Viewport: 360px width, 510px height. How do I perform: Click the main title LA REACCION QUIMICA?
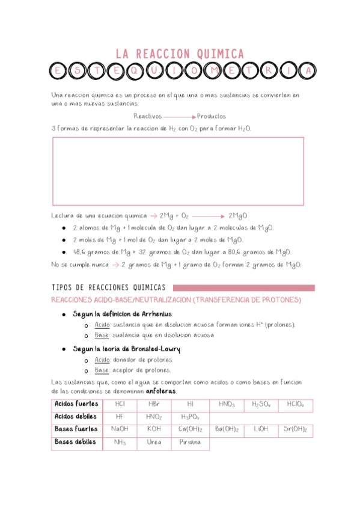click(x=180, y=54)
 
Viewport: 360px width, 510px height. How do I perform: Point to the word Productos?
click(x=212, y=117)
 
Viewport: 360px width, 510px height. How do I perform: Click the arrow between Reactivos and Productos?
click(x=180, y=117)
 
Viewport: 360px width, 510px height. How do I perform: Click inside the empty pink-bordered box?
click(x=178, y=171)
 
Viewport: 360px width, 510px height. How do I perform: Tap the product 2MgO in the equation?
click(x=238, y=215)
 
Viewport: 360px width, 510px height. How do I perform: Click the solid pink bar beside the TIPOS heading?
click(x=243, y=287)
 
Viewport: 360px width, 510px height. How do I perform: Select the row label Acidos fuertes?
click(x=76, y=404)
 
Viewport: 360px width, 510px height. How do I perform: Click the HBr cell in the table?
click(x=154, y=404)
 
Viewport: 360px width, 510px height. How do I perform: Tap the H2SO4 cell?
click(x=261, y=404)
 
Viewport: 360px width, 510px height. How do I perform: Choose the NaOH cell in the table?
click(x=120, y=429)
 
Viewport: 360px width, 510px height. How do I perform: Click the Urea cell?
click(x=154, y=442)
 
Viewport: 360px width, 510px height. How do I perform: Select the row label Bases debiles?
click(x=75, y=442)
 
